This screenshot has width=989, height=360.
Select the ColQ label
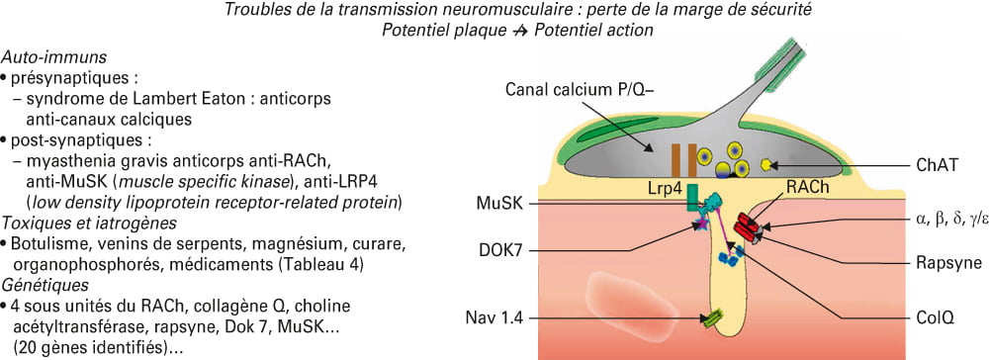(935, 319)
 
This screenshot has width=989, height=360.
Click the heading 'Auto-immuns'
(54, 57)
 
